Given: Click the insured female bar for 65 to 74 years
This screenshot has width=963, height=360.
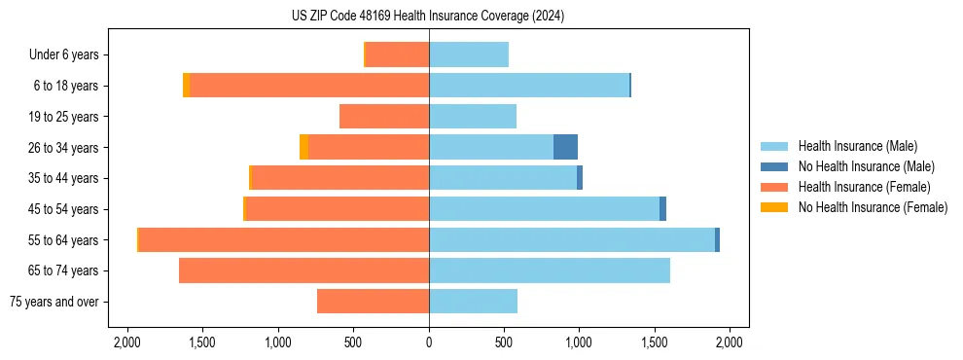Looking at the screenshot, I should pos(303,270).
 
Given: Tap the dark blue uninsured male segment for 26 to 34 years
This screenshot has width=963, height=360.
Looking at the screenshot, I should pos(565,147).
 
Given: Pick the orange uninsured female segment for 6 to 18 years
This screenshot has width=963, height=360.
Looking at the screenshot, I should pos(186,86).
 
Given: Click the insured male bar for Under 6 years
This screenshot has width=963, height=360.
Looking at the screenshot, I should pos(469,54).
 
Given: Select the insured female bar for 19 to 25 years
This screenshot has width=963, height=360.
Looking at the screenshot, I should pos(384,117).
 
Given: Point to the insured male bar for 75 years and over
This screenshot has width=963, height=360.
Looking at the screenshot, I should pos(473,302).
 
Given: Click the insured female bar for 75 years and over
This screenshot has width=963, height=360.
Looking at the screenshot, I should pos(373,302).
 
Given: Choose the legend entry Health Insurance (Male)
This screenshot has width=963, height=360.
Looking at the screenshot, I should pos(857,146).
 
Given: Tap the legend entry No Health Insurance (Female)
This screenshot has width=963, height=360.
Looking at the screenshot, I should pos(873,207).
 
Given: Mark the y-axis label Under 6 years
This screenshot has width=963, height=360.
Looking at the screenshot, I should pos(63,54).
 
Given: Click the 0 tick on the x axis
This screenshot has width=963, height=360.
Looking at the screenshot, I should pos(429,342).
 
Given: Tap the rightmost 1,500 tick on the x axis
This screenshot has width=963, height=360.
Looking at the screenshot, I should pos(655,342).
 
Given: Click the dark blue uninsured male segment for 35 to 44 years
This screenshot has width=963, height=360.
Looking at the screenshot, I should pos(580,178).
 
